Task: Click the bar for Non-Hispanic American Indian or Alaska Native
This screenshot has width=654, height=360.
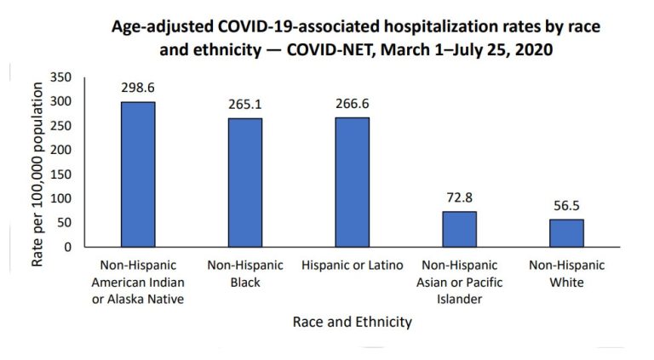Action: (138, 174)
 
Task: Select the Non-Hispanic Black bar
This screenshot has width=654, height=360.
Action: (244, 182)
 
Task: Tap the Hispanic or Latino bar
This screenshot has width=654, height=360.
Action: (352, 182)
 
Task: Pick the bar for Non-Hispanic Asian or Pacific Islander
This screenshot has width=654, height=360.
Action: (459, 229)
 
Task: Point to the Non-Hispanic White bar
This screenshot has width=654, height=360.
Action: (566, 233)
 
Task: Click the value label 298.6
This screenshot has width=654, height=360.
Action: (138, 88)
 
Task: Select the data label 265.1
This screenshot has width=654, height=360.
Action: (244, 104)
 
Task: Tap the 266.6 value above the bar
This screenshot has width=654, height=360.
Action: (352, 104)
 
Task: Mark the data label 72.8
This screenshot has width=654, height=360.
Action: (459, 197)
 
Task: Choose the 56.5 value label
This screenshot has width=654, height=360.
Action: (566, 205)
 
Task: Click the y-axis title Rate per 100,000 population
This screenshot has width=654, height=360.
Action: (37, 170)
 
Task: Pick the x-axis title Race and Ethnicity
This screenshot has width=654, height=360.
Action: (352, 322)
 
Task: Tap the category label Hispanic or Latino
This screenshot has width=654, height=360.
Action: (352, 266)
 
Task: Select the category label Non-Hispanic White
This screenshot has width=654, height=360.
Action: (566, 273)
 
